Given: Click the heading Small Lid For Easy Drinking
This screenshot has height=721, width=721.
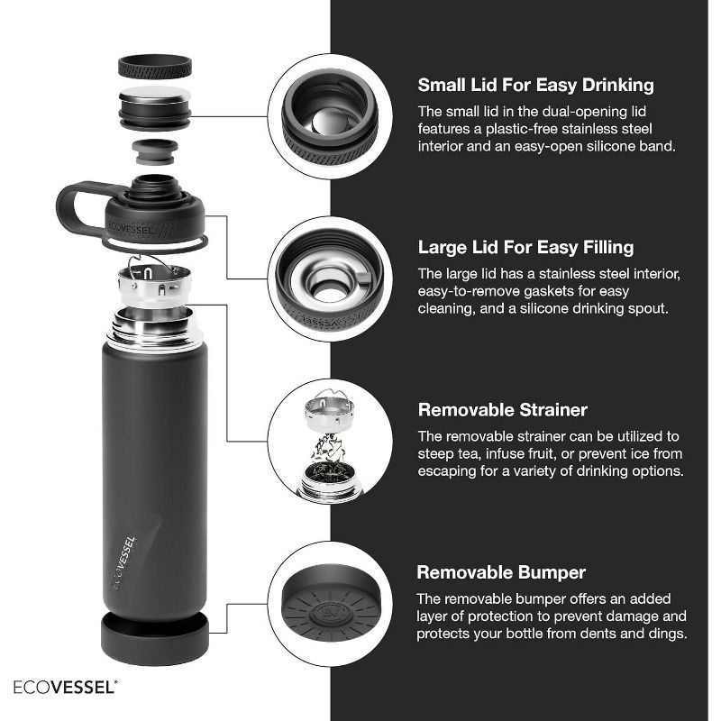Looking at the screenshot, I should [x=535, y=86].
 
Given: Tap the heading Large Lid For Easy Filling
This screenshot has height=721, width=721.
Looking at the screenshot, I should [x=525, y=247].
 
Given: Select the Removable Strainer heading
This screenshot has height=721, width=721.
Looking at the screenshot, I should [x=502, y=410].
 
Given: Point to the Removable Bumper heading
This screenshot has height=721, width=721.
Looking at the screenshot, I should [x=501, y=572].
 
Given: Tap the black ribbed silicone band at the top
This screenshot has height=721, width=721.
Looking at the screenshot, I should [x=154, y=67].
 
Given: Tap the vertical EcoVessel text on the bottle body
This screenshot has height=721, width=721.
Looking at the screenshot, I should [x=125, y=561].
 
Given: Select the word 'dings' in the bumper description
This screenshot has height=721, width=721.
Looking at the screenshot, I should [x=664, y=634].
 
